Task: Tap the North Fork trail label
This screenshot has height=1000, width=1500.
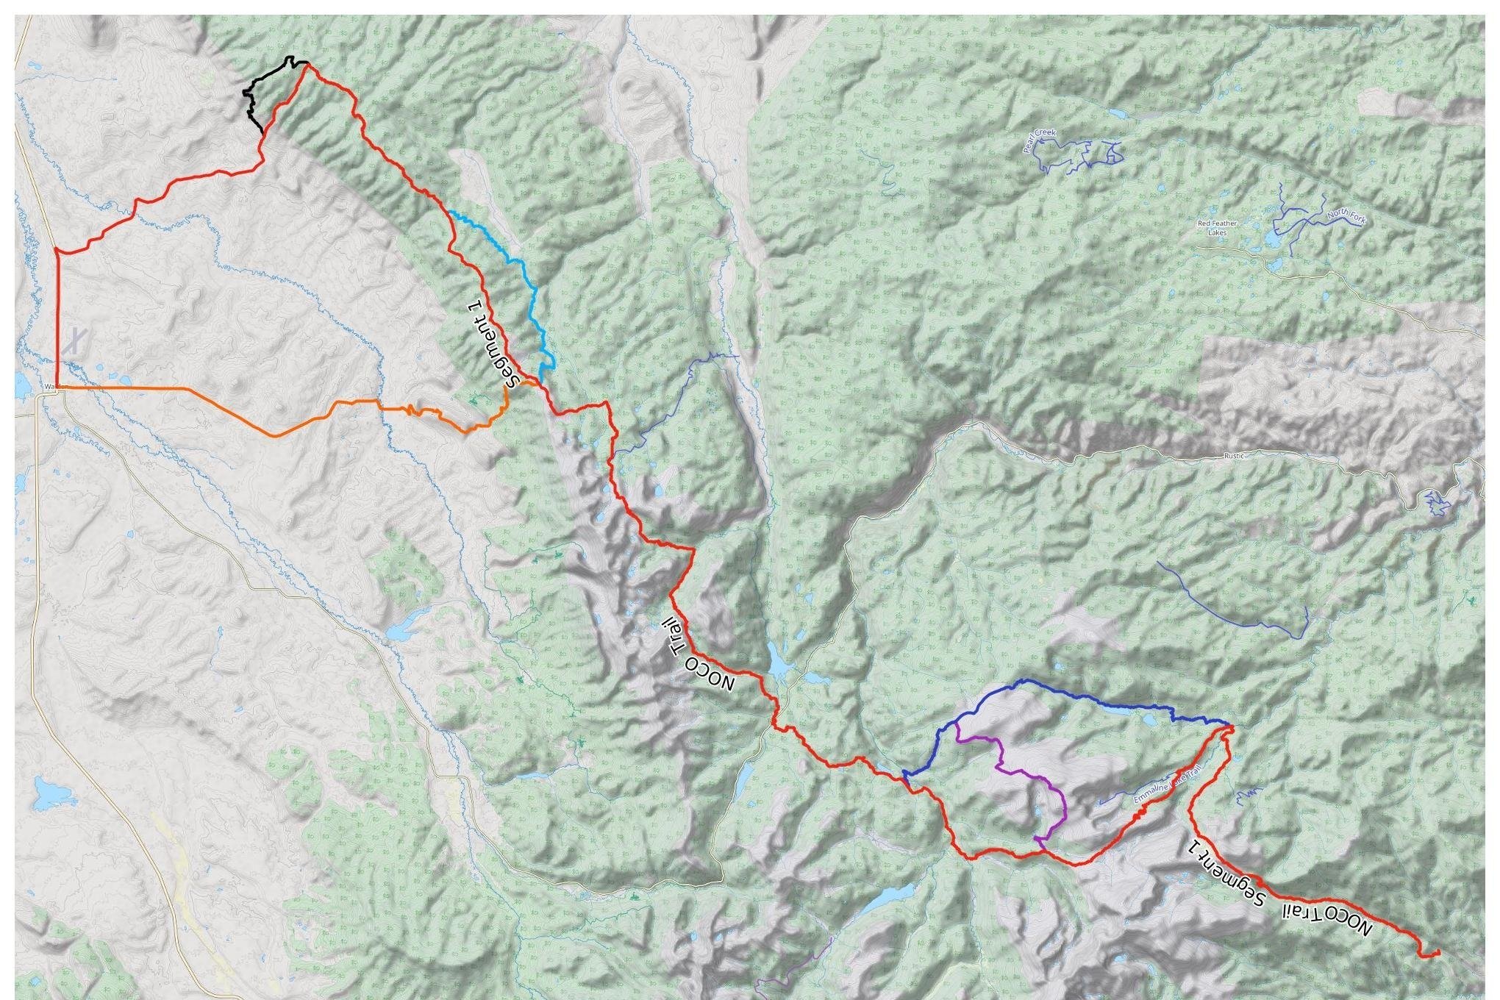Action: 1345,217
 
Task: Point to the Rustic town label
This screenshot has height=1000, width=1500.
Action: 1234,456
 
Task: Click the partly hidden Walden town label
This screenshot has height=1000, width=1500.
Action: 50,386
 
